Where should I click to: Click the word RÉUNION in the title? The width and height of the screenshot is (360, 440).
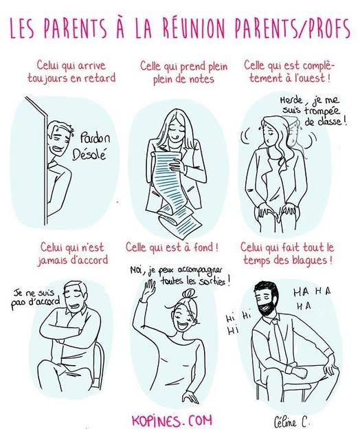tap(194, 28)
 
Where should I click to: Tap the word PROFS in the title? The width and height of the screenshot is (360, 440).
tap(326, 28)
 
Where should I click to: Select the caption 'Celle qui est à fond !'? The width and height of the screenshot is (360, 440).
tap(172, 247)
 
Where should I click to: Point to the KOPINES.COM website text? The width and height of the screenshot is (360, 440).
tap(172, 421)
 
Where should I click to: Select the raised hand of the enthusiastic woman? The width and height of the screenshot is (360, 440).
tap(148, 289)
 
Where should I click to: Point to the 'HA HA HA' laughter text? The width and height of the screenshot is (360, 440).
tap(312, 298)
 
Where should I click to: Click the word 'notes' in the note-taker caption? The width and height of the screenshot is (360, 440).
tap(200, 78)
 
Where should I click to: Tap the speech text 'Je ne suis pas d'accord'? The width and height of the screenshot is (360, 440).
tap(35, 300)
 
